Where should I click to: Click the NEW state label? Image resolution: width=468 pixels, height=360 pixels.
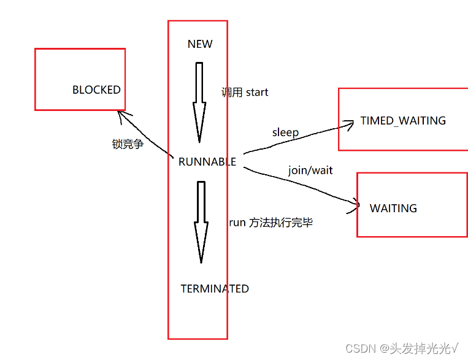(200, 44)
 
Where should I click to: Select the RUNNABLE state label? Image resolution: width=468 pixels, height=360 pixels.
(207, 162)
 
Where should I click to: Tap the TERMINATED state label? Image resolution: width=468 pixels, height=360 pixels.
(215, 289)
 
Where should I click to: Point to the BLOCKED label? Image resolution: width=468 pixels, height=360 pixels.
(96, 90)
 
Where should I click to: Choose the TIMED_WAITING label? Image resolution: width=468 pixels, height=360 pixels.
(403, 121)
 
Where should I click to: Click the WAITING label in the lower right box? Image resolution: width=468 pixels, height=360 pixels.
(393, 209)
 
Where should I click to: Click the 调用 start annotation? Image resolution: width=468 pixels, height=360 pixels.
(245, 93)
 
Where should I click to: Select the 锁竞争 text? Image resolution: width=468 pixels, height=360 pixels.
(128, 144)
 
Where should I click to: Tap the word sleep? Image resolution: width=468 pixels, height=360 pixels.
(285, 132)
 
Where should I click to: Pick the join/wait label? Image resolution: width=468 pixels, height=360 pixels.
(310, 170)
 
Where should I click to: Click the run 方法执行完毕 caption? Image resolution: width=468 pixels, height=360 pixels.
(270, 223)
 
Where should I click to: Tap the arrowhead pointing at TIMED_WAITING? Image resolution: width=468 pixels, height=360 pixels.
(350, 124)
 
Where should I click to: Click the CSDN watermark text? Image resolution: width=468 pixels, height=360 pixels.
(361, 349)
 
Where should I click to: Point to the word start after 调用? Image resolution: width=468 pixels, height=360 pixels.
(257, 93)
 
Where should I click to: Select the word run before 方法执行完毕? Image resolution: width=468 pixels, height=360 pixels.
(237, 223)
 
